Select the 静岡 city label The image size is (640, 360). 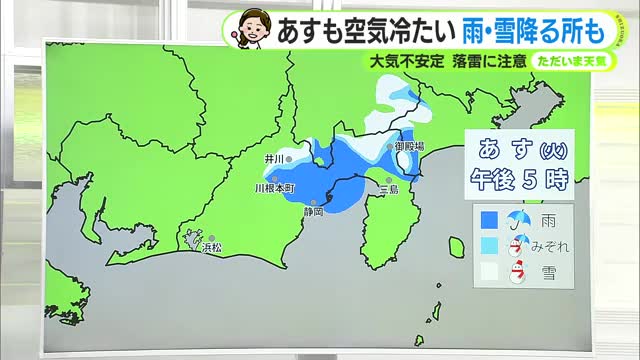coord(314,212)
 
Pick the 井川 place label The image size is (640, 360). coord(273,158)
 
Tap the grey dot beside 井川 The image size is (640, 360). coord(290,158)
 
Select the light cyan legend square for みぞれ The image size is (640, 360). coord(489,245)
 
